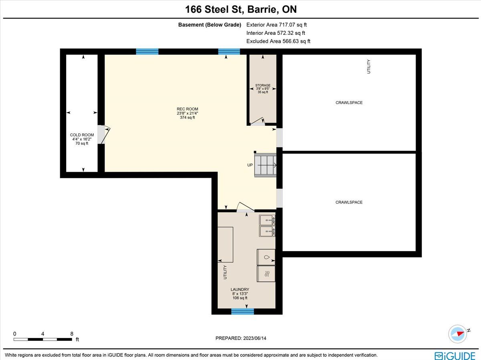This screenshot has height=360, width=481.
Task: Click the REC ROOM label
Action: [187, 109]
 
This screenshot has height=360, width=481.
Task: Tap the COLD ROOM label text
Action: [82, 135]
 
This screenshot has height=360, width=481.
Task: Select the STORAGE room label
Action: [263, 85]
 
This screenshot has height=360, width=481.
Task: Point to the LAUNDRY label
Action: [240, 289]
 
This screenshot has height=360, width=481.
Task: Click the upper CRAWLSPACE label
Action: [349, 103]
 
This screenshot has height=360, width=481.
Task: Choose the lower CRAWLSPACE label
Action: [349, 202]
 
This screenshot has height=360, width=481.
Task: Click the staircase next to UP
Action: [265, 165]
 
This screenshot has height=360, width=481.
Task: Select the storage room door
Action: [258, 122]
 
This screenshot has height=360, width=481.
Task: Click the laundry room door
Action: [245, 207]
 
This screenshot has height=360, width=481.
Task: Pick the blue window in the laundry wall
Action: [243, 312]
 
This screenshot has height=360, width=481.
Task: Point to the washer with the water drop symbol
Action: [266, 257]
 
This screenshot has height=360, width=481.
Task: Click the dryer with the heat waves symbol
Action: [266, 274]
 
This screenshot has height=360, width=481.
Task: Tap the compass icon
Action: [458, 334]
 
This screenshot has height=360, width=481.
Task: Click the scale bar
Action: [43, 340]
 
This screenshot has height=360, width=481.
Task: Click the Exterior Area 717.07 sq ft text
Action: [277, 25]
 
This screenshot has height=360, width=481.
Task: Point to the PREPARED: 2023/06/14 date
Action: [241, 338]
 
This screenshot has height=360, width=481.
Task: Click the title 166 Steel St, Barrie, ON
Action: [241, 9]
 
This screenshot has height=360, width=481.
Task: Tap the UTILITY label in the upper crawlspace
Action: [369, 66]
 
